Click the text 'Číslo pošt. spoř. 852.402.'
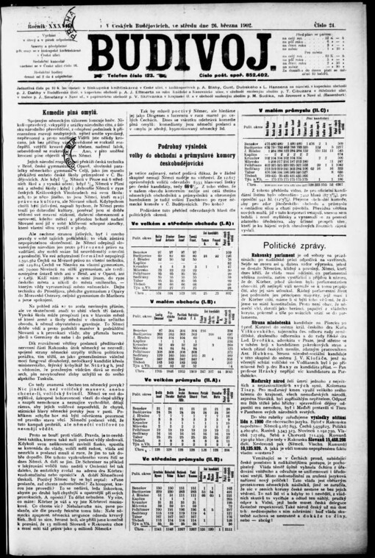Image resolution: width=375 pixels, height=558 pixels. click(253, 75)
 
